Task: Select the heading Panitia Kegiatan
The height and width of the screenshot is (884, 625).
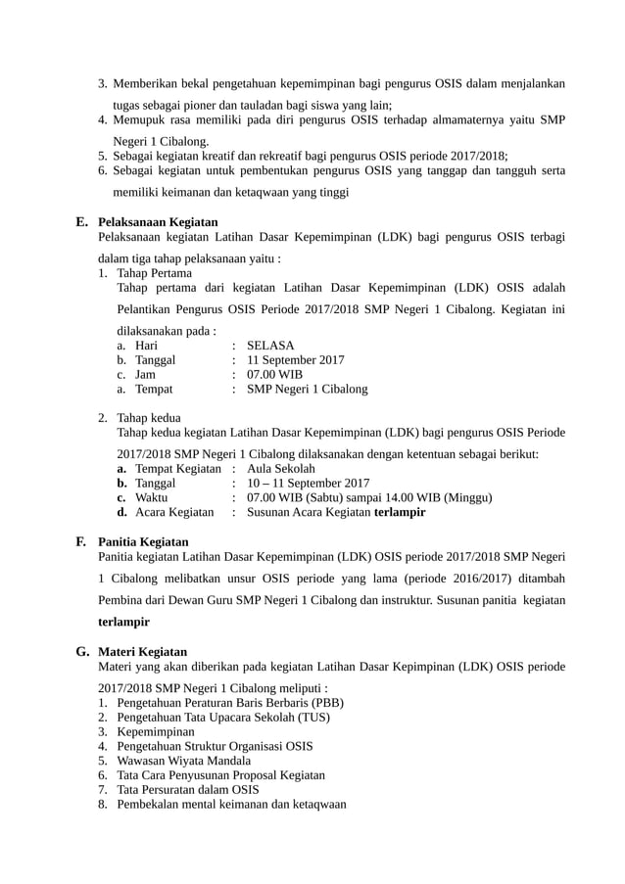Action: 144,541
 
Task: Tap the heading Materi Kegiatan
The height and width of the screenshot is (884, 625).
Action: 143,651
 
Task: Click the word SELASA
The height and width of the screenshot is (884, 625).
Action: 270,346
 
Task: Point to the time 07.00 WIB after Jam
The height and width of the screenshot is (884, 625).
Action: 275,374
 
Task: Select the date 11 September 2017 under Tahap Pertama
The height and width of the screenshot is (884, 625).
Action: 295,360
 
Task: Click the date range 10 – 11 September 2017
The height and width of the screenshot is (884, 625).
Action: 308,483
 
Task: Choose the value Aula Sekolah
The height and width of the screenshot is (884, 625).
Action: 281,469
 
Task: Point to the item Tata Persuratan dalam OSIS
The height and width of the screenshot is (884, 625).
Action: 187,789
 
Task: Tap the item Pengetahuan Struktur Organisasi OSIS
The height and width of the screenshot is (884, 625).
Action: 215,746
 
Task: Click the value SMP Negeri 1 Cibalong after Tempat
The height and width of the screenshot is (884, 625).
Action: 308,389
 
